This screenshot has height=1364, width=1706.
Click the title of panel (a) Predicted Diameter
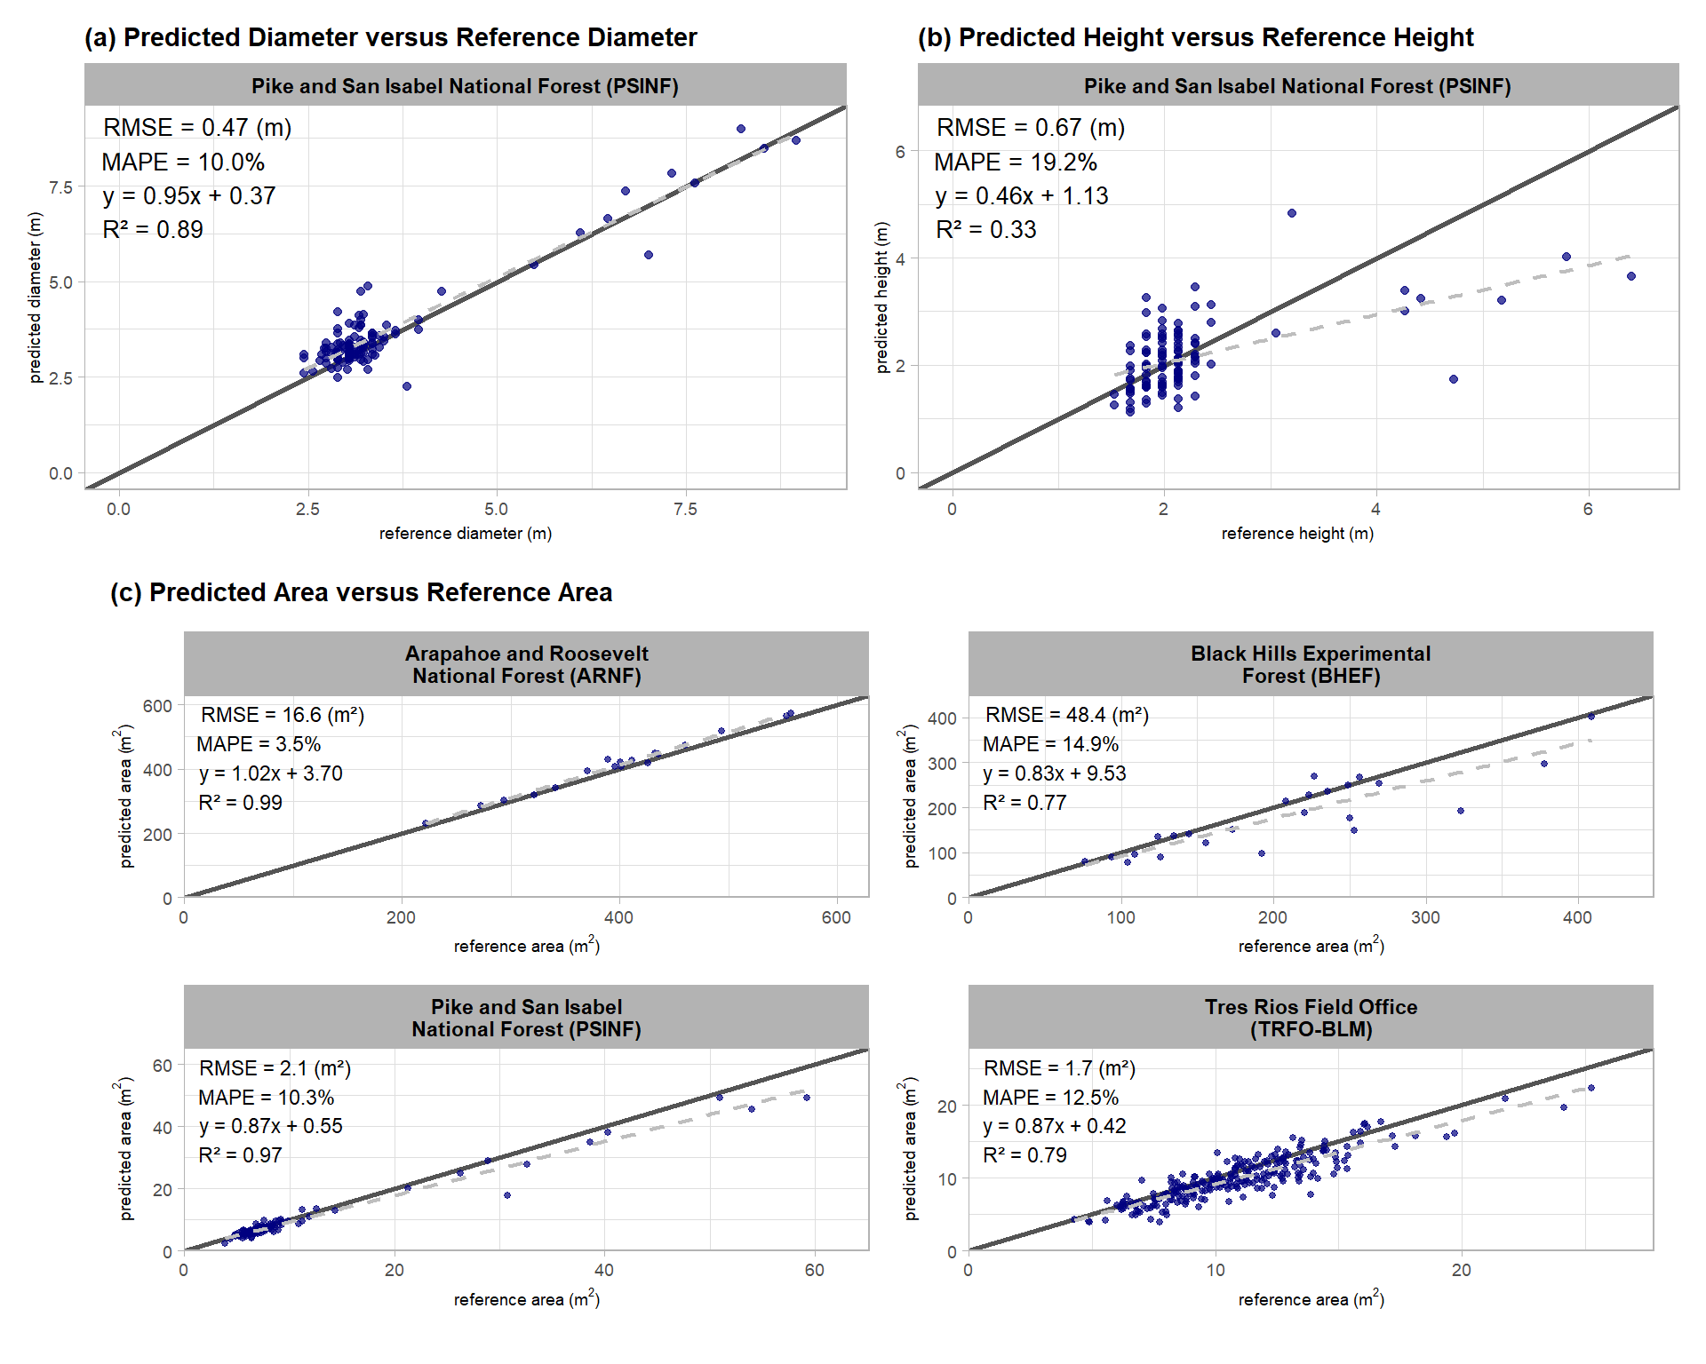click(x=390, y=37)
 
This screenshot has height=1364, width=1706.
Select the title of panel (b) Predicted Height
click(x=1195, y=37)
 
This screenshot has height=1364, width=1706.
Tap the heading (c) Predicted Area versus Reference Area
click(x=361, y=592)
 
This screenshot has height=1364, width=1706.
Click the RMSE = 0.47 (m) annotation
click(x=197, y=128)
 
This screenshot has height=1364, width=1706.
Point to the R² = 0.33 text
click(x=986, y=230)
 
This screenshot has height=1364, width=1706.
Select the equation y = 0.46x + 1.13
click(x=1022, y=196)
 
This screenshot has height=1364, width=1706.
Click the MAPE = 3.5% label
click(x=259, y=744)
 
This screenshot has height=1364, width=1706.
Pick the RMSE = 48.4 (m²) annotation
click(x=1067, y=715)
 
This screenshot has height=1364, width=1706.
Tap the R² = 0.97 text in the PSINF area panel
click(x=240, y=1155)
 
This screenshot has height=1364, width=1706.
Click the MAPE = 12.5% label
click(x=1050, y=1098)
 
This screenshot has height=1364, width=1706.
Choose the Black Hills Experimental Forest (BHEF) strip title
click(x=1311, y=664)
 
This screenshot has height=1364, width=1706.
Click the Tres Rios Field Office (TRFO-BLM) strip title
click(x=1311, y=1018)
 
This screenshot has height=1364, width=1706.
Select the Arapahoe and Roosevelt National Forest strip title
click(x=526, y=664)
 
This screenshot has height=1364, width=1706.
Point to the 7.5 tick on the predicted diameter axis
click(x=60, y=187)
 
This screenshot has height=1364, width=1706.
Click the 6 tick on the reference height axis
click(x=1588, y=510)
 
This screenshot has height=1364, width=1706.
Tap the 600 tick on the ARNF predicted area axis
click(x=157, y=706)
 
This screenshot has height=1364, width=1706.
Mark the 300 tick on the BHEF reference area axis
click(x=1425, y=917)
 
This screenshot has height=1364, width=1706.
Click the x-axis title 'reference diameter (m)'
click(x=466, y=534)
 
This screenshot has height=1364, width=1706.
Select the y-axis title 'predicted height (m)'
click(x=881, y=297)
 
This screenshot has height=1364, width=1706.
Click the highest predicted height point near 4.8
click(x=1292, y=213)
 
